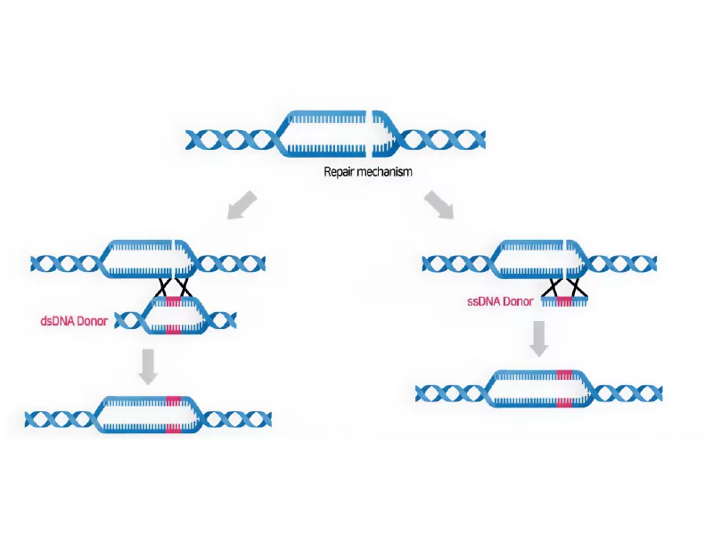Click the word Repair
340,171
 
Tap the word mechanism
385,171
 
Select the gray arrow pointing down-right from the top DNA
438,204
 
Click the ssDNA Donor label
499,301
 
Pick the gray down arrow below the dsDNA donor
149,366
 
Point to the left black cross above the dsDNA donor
164,287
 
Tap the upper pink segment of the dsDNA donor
174,301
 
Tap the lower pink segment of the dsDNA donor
174,329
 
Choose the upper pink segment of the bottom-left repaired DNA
173,399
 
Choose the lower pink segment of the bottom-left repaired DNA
173,430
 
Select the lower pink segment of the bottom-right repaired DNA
564,403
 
